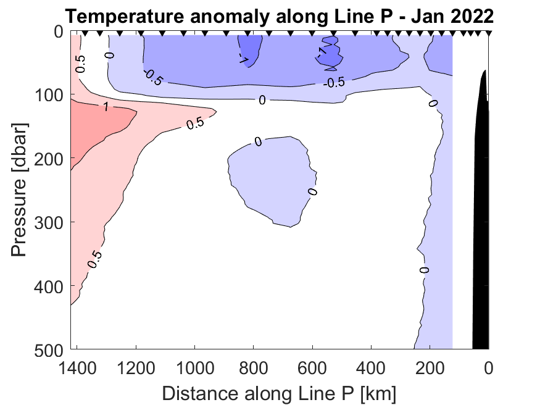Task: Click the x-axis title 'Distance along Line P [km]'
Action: (280, 392)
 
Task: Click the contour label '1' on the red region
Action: (106, 107)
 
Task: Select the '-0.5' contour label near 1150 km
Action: (153, 77)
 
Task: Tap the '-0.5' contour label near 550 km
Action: (336, 83)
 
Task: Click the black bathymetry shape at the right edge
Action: (481, 216)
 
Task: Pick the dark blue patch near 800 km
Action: (251, 49)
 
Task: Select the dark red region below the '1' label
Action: (93, 130)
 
